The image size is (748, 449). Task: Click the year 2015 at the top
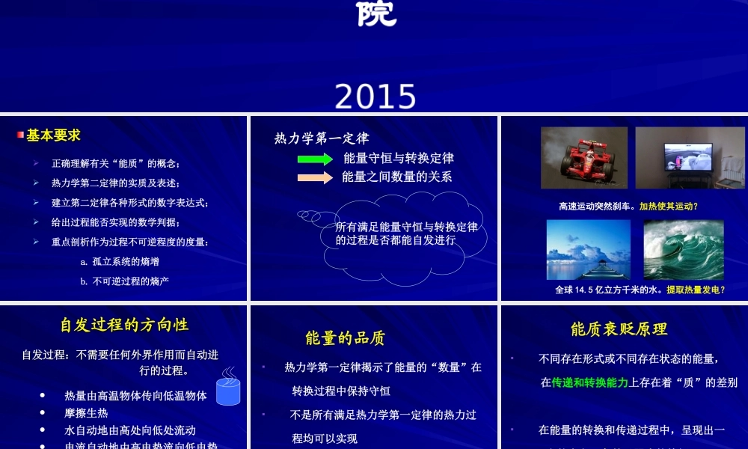375,97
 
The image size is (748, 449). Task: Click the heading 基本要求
53,135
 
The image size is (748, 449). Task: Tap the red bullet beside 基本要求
21,135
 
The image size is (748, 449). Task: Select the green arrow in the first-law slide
315,159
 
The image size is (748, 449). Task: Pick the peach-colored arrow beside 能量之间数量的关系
315,177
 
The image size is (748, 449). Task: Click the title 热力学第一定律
322,138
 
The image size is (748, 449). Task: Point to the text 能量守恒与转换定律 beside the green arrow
399,158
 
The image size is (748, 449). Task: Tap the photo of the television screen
684,157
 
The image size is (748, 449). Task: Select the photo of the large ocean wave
683,249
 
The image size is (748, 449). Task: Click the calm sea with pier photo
588,249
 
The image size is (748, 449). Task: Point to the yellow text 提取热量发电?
696,290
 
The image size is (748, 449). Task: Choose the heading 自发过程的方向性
124,325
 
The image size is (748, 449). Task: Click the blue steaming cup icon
228,387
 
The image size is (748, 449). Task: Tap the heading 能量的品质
345,338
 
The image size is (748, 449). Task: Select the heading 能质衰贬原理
619,329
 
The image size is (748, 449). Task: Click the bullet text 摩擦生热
86,413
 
